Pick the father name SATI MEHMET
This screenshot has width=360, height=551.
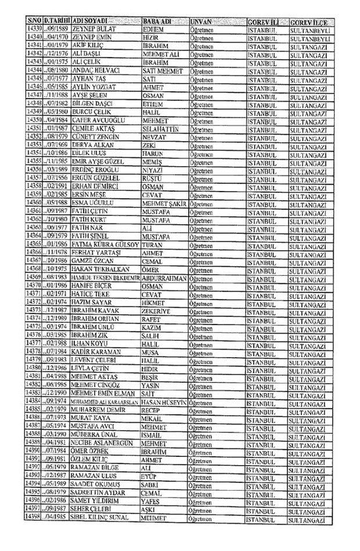pos(163,71)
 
